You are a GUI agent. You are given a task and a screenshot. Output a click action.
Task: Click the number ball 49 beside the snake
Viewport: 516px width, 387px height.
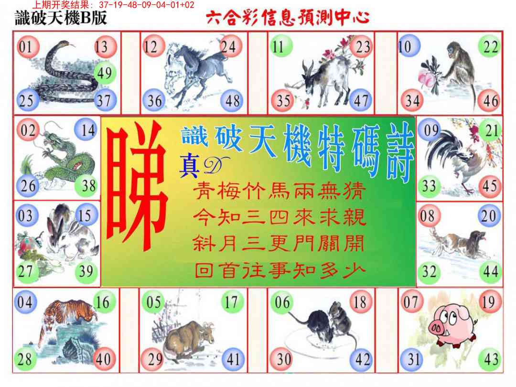coord(105,73)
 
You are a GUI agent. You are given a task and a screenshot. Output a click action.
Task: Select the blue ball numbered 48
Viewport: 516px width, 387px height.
coord(232,100)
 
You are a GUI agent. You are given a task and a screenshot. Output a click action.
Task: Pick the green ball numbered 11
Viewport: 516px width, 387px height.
coord(281,46)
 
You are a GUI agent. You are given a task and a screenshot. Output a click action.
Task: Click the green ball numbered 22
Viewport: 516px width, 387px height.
coord(489,46)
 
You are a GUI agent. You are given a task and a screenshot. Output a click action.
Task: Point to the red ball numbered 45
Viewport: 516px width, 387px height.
coord(489,186)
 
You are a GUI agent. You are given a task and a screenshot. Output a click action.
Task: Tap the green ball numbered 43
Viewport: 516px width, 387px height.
coord(490,359)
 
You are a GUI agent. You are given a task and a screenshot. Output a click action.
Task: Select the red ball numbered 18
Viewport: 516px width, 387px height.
coord(360,302)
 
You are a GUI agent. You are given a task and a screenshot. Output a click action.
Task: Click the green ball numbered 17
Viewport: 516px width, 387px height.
coord(232,302)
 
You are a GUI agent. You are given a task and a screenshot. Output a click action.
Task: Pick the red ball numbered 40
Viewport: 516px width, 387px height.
coord(104,359)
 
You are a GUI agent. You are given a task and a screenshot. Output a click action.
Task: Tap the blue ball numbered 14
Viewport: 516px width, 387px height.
coord(86,130)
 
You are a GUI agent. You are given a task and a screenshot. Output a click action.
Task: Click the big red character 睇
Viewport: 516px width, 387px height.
coord(136,186)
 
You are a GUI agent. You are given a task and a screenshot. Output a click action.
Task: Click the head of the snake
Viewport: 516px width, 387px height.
coord(63,44)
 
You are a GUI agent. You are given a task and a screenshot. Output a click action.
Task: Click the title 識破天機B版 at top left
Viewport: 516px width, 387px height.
coord(61,18)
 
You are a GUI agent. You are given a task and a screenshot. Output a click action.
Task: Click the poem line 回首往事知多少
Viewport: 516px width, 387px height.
coord(279,270)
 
